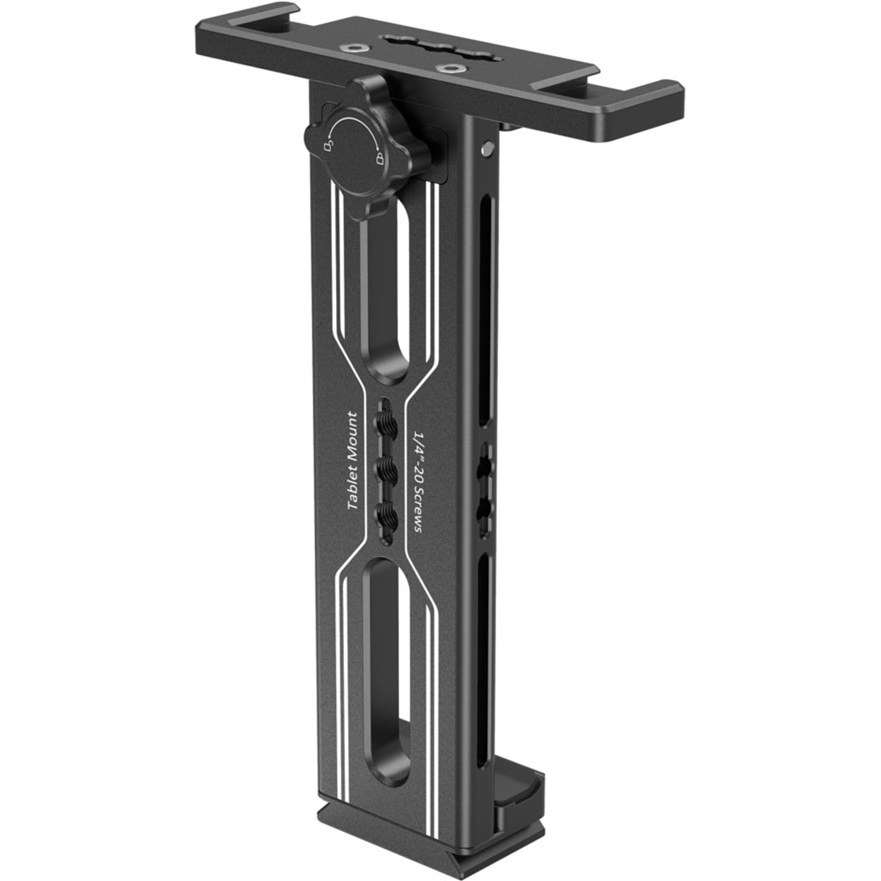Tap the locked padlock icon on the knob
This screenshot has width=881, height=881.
379,158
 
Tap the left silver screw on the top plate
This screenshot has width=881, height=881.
355,49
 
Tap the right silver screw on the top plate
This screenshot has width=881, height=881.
450,69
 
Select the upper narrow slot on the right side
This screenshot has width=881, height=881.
486,311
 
